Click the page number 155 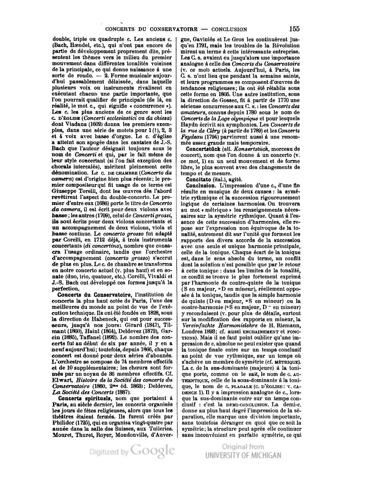point(294,29)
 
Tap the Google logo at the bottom point(153,451)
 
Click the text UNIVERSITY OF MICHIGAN point(243,455)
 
